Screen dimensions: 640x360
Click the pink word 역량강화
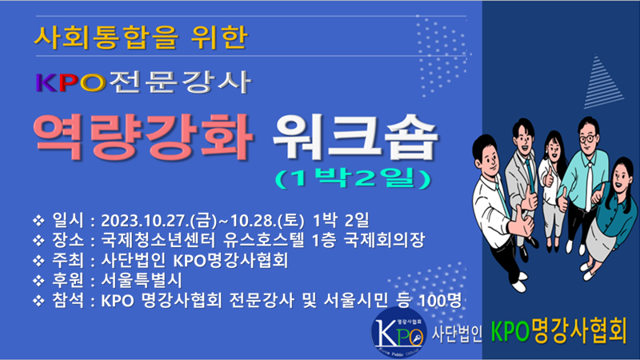click(x=143, y=137)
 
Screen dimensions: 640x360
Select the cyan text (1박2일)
click(x=354, y=178)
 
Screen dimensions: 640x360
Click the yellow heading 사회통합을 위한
click(x=141, y=37)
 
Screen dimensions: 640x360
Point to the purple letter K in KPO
click(x=46, y=83)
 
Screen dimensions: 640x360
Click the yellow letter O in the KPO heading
click(x=93, y=83)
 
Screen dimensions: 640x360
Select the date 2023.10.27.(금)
click(x=159, y=221)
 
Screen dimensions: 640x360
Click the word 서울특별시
click(x=142, y=281)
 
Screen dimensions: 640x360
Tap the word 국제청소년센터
click(x=158, y=241)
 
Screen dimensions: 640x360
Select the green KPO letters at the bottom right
click(x=510, y=330)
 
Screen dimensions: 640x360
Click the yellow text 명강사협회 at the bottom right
click(x=578, y=330)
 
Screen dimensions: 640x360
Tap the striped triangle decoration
click(x=602, y=82)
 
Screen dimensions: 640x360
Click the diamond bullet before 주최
click(x=38, y=261)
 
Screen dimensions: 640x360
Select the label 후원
click(x=68, y=281)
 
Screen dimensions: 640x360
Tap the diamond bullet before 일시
click(x=38, y=221)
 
